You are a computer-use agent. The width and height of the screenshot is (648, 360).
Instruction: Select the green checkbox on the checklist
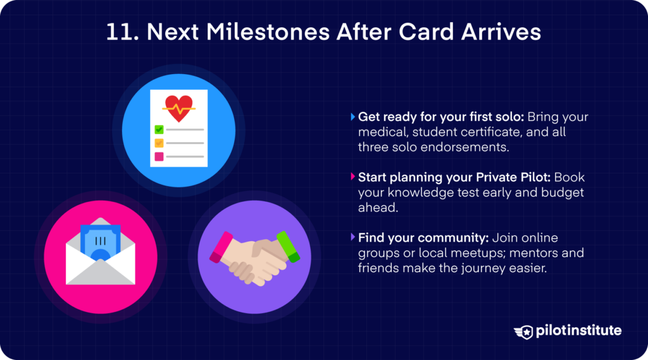tap(159, 130)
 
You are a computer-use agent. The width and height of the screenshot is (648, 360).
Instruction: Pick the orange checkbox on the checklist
tap(159, 143)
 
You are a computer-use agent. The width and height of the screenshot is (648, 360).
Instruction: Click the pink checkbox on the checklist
tap(159, 156)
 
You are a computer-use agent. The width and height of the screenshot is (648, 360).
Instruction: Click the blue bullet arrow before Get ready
tap(352, 117)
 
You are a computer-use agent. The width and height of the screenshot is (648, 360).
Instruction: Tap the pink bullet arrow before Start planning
tap(352, 178)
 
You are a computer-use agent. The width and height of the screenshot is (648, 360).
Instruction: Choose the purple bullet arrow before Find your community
tap(352, 238)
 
